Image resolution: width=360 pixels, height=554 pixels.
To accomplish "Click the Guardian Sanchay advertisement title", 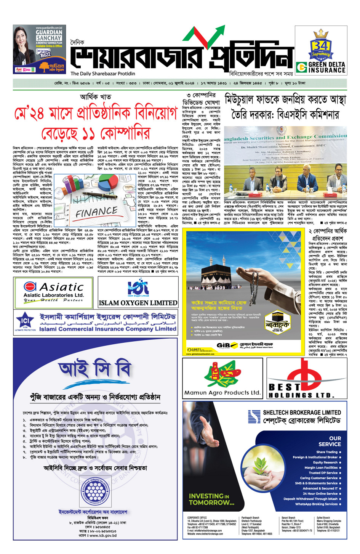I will click(x=48, y=35).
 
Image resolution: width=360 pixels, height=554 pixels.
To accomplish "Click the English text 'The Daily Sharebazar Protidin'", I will click(x=102, y=74).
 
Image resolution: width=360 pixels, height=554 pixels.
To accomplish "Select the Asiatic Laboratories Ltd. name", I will click(x=54, y=295).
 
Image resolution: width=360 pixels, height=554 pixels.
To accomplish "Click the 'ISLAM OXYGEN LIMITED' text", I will click(x=138, y=303).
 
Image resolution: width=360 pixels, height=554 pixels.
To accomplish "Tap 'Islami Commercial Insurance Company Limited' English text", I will click(x=108, y=329).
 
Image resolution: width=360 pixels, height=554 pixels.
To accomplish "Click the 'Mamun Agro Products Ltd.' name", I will click(x=222, y=392).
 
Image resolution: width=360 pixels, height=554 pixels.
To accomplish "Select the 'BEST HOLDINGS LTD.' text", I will click(x=301, y=391).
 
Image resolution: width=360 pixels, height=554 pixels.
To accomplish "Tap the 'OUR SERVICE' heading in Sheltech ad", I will click(x=330, y=441).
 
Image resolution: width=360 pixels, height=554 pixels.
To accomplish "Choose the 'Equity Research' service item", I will click(x=325, y=462).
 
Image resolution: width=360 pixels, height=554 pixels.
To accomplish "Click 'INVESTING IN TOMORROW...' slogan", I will click(x=211, y=499).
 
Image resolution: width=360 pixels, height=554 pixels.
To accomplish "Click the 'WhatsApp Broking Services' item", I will click(x=317, y=504).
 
